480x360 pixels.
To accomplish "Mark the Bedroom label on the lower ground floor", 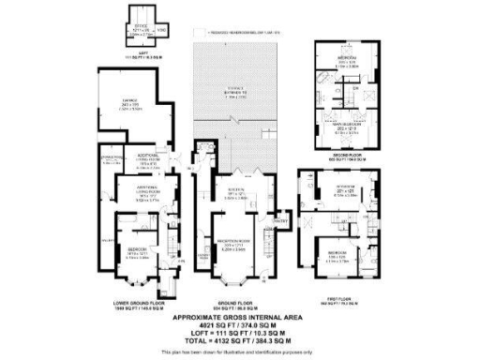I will tap(137, 252).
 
